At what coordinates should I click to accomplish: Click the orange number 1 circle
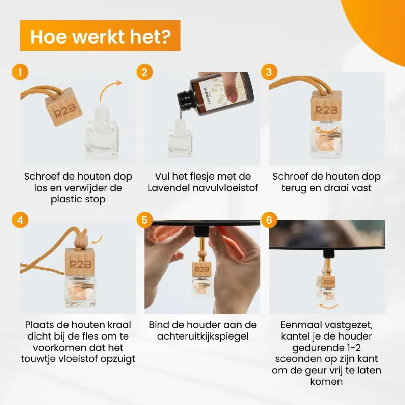pos(20,72)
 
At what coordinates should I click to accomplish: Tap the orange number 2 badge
pos(144,72)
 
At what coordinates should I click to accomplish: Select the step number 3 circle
pos(269,72)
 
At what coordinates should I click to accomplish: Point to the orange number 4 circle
pos(20,220)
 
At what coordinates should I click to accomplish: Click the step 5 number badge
pos(144,220)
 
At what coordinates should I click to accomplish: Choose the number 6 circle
pos(269,220)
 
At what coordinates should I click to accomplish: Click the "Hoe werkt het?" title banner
pos(100,35)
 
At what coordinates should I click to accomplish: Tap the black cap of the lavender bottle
pos(185,98)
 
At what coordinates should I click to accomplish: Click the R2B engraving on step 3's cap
pos(326,110)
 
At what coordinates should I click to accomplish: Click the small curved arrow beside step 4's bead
pos(98,240)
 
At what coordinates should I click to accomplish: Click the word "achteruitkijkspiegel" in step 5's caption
pos(203,336)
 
